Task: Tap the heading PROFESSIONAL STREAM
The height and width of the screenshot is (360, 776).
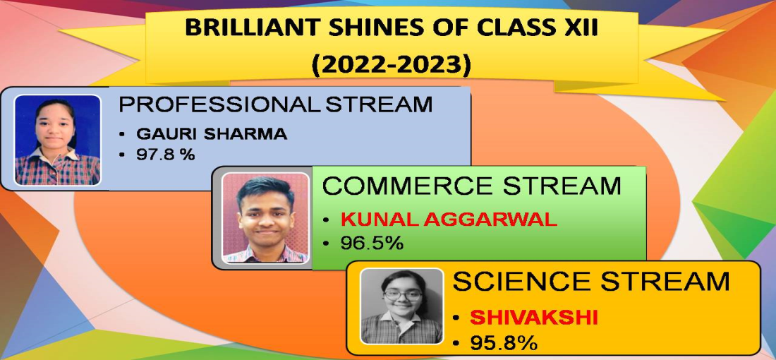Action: coord(276,104)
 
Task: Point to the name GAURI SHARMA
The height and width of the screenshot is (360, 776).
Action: coord(212,134)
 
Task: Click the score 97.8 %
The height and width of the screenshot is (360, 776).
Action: coord(165,155)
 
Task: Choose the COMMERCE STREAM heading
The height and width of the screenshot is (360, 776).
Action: coord(472,186)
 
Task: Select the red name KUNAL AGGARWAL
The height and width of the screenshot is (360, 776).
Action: coord(449,220)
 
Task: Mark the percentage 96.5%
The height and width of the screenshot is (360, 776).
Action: coord(372,243)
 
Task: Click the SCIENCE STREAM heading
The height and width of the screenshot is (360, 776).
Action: coord(591,282)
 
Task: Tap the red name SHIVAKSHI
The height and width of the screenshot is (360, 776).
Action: coord(534,318)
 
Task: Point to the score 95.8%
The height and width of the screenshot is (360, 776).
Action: coord(503,343)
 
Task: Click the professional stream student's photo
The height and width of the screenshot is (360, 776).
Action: coord(57,140)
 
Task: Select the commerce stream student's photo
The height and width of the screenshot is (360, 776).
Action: coord(265,218)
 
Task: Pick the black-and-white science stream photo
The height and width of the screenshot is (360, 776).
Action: coord(401,306)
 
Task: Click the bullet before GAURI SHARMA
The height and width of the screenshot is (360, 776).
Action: coord(122,135)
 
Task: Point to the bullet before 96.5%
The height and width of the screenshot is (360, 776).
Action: coord(326,244)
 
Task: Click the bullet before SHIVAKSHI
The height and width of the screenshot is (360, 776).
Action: coord(456,318)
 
